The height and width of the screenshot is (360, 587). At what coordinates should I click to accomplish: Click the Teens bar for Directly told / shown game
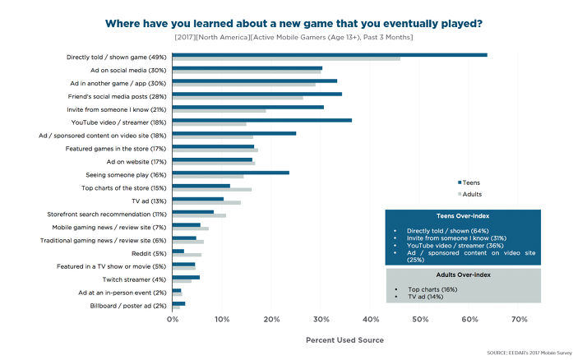[x=329, y=54]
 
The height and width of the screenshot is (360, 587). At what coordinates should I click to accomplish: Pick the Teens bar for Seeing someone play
[x=231, y=173]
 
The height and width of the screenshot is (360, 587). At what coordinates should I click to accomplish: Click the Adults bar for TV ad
[x=206, y=202]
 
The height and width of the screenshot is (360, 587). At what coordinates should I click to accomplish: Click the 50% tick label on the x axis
[x=420, y=319]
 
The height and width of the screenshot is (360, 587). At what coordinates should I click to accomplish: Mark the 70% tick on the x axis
[x=520, y=319]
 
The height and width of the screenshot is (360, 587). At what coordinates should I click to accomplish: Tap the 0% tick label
[x=173, y=319]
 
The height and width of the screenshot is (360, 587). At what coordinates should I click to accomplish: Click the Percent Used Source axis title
[x=344, y=339]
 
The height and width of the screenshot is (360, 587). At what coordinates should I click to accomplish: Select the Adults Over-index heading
[x=462, y=275]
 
